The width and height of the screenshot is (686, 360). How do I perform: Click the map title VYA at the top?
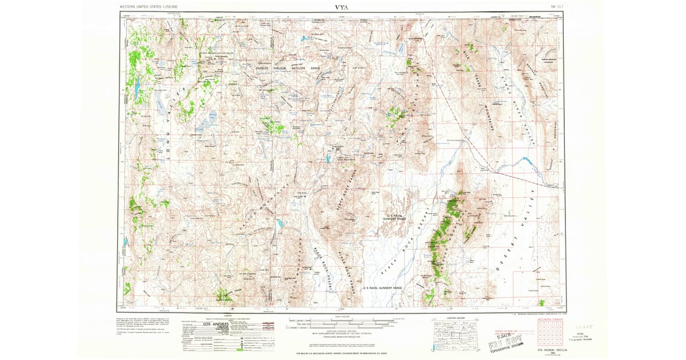[341, 7]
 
